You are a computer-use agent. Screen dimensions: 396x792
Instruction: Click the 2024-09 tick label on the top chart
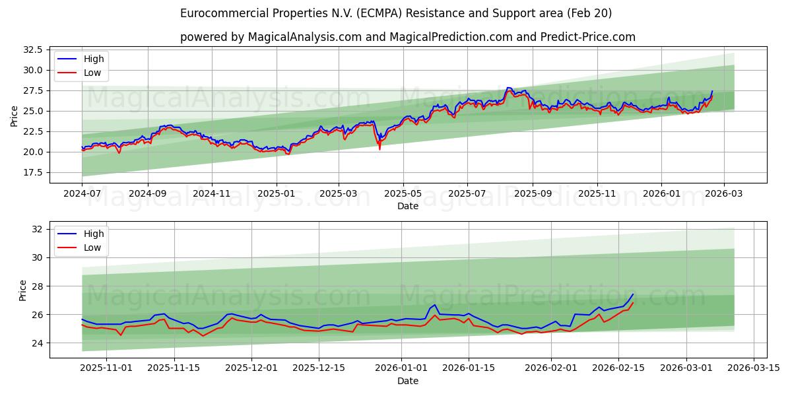point(147,195)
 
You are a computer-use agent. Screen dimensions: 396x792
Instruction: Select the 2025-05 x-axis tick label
point(403,195)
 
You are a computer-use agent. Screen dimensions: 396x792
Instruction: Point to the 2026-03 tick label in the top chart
point(723,195)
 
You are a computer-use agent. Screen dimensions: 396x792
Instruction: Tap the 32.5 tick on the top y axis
point(33,49)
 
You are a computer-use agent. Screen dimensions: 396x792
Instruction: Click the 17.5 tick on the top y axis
point(33,172)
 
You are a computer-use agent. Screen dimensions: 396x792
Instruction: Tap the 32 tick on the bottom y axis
point(37,229)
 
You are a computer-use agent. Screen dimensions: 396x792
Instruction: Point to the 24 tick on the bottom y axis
point(37,343)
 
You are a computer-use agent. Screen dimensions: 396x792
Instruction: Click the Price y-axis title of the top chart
point(15,115)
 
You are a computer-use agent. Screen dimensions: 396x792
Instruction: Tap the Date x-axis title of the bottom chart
point(408,381)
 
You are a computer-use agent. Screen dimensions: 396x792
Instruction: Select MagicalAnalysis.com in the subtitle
point(304,37)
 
